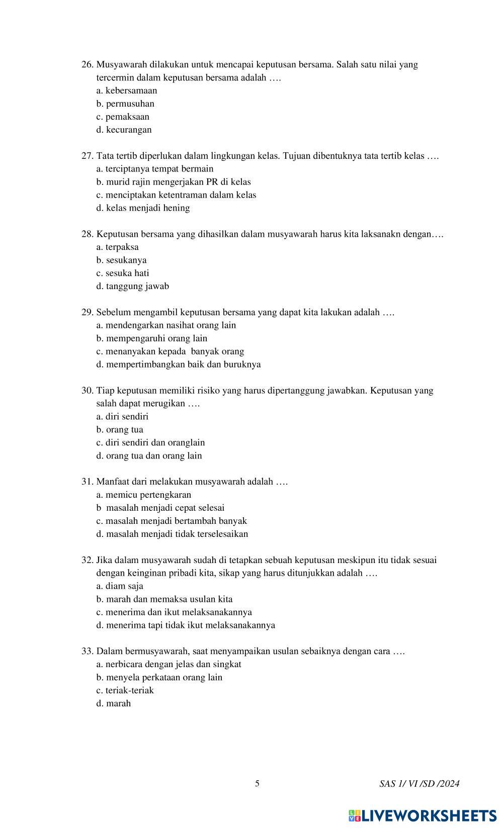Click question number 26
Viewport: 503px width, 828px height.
[88, 65]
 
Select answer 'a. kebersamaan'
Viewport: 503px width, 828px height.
[127, 91]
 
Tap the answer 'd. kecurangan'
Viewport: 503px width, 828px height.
[124, 130]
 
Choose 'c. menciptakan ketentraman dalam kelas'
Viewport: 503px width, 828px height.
[176, 195]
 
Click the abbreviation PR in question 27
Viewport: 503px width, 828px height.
[212, 182]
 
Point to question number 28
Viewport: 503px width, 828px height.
[88, 234]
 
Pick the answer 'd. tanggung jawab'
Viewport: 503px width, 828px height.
[132, 287]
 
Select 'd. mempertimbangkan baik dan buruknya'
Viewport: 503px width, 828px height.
[179, 364]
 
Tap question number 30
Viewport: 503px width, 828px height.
[88, 391]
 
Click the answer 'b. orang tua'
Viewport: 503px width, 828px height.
[120, 430]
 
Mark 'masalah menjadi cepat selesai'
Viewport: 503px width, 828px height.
[165, 508]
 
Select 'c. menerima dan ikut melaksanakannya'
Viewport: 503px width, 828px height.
[174, 612]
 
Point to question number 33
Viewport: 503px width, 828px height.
[88, 652]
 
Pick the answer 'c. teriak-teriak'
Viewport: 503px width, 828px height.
[125, 691]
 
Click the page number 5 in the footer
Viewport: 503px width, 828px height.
[258, 783]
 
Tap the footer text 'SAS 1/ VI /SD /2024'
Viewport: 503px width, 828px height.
[420, 784]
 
